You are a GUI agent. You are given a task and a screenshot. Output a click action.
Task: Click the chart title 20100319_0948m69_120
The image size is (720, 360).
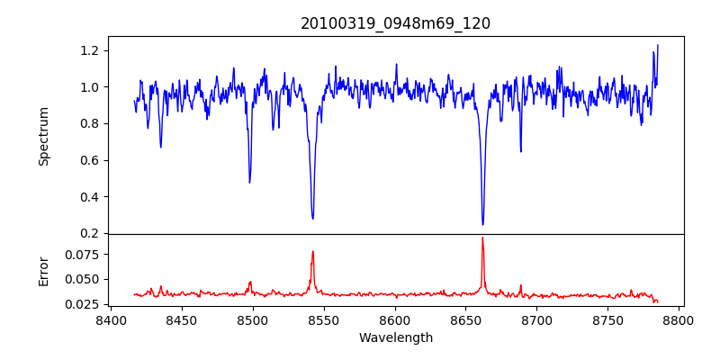(x=395, y=23)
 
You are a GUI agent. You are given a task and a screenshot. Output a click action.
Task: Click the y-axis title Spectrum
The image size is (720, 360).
(x=44, y=136)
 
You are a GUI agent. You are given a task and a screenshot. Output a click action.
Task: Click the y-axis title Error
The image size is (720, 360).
(x=44, y=271)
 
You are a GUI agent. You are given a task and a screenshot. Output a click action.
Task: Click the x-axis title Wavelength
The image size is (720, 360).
(x=395, y=338)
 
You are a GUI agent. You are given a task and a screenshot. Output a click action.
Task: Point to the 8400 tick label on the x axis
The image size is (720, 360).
(x=110, y=319)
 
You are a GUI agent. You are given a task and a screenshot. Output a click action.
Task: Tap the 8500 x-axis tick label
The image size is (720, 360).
(x=252, y=319)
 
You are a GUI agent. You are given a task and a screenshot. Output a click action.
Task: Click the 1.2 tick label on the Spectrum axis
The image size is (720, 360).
(x=88, y=50)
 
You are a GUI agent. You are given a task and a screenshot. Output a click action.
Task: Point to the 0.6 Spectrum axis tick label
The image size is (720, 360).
(x=88, y=160)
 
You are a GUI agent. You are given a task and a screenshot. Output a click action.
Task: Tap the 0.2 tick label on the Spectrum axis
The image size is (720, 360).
(x=88, y=234)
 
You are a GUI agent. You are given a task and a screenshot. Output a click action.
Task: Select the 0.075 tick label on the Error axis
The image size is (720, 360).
(x=79, y=255)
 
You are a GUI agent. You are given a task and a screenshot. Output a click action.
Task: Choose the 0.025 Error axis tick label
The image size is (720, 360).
(x=79, y=304)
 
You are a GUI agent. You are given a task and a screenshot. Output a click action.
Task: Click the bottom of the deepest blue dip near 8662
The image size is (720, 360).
(x=482, y=224)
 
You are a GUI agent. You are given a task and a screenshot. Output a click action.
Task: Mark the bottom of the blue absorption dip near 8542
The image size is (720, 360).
(x=312, y=218)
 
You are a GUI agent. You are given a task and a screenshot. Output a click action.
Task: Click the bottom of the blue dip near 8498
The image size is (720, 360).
(x=249, y=183)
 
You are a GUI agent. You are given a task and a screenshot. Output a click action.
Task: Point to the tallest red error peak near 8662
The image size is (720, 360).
(x=482, y=238)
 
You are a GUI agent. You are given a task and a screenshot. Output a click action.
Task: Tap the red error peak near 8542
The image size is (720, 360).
(x=312, y=251)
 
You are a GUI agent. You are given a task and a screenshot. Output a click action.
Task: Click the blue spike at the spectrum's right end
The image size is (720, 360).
(x=657, y=45)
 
